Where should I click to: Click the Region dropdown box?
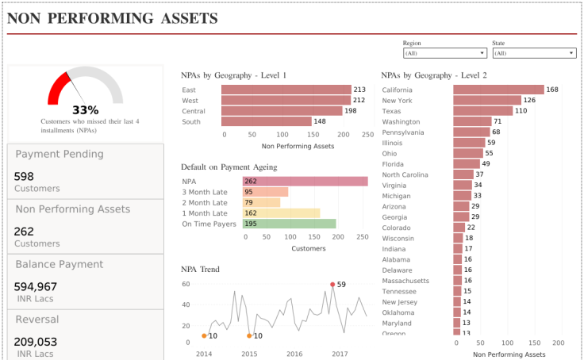(x=444, y=53)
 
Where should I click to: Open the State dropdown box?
(x=534, y=53)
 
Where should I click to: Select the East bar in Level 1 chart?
(x=286, y=90)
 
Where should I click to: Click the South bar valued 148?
(x=266, y=121)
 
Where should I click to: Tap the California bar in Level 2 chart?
(x=498, y=90)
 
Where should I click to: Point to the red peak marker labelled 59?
(x=332, y=284)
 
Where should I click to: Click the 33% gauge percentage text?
(x=86, y=110)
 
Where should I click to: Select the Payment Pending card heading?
(x=60, y=155)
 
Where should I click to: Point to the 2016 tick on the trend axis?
(x=294, y=354)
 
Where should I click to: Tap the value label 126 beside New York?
(x=529, y=101)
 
